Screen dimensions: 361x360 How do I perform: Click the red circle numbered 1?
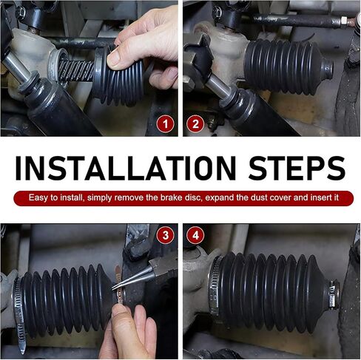(x=165, y=123)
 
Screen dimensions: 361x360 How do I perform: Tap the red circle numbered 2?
(x=195, y=123)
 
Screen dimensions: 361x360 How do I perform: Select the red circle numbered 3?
(x=165, y=235)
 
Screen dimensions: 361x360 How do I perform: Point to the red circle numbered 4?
(x=195, y=235)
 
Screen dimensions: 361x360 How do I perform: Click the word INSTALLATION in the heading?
(x=126, y=169)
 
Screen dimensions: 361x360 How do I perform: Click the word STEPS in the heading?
(x=297, y=169)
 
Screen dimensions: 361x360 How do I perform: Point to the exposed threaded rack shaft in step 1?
(x=76, y=71)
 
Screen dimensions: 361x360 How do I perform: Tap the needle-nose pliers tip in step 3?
(x=114, y=287)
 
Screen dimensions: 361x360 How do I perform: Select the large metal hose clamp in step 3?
(x=19, y=313)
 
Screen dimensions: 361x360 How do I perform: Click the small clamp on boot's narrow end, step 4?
(x=334, y=294)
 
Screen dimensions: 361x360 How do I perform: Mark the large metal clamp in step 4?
(x=214, y=286)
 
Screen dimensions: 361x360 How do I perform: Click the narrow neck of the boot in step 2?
(x=328, y=67)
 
